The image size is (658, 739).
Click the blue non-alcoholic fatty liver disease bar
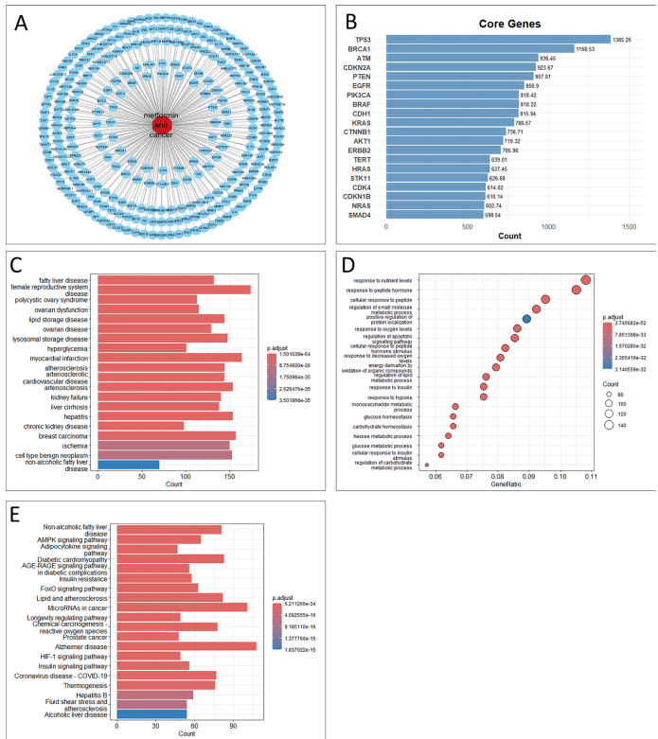128,465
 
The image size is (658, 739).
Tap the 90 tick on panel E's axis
230,727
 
